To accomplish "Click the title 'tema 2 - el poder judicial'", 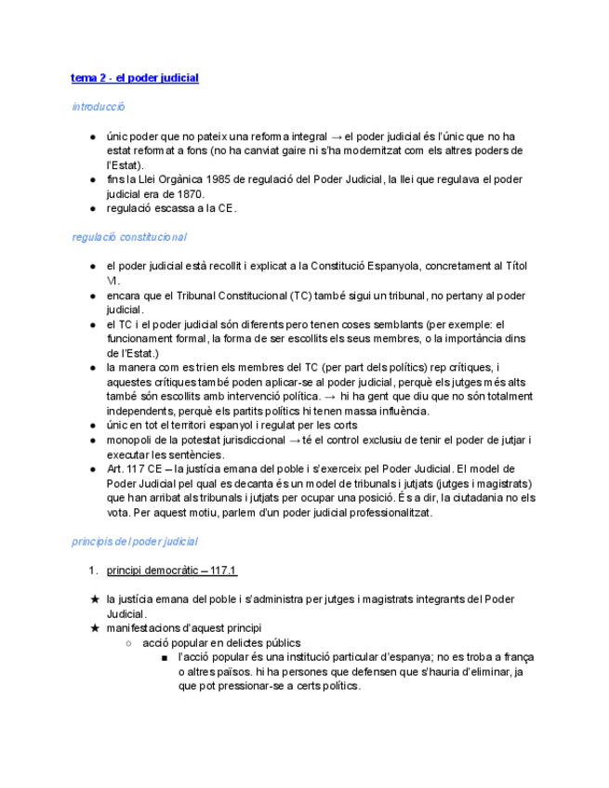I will coord(135,78).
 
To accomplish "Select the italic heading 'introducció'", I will coord(99,107).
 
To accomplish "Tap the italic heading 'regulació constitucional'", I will coord(129,237).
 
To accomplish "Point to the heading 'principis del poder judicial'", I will coord(135,541).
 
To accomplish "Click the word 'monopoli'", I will coord(129,440).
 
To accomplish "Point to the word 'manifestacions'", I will coord(146,628).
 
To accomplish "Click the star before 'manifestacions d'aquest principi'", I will coord(94,628).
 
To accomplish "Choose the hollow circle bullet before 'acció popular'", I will coord(129,643).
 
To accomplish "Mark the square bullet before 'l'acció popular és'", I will coord(164,657).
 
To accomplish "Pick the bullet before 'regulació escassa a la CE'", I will coord(94,208).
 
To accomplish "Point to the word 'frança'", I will coord(519,657).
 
